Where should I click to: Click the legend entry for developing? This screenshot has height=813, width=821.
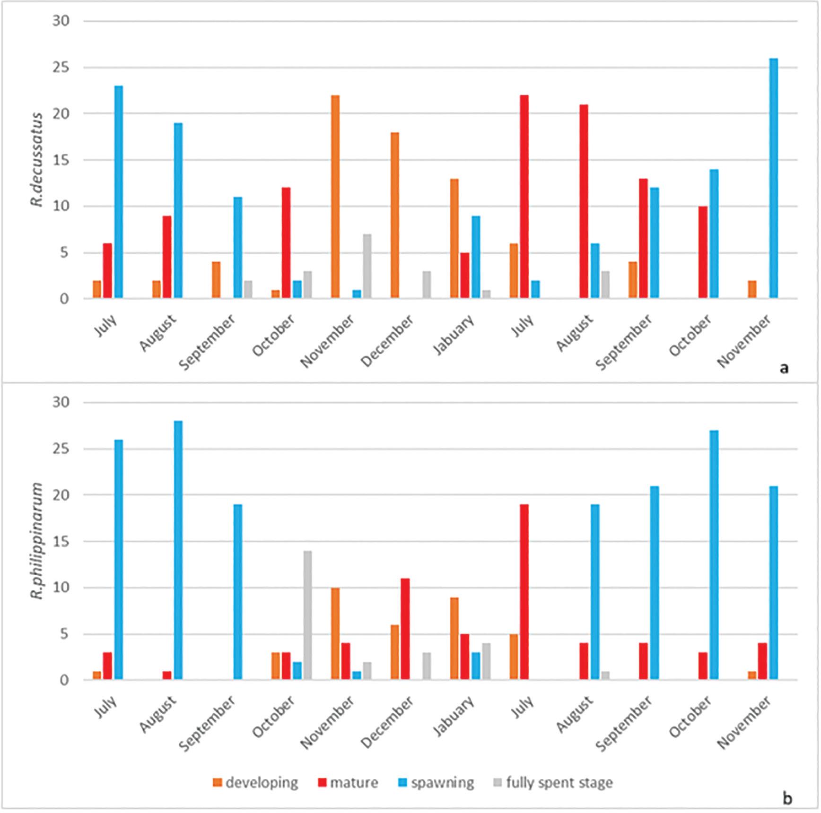(255, 783)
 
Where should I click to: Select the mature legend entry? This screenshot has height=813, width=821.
(348, 783)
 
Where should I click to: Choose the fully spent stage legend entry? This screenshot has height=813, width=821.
(553, 783)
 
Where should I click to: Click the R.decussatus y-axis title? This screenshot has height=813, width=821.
(37, 160)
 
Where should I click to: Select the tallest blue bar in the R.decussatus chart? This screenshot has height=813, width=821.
(773, 178)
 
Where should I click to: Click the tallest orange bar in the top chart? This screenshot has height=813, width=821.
(335, 197)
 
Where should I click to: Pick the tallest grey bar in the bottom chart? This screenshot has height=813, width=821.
(307, 615)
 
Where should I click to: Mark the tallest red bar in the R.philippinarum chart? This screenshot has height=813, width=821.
(524, 592)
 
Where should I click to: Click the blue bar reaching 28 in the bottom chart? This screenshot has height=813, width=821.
(178, 550)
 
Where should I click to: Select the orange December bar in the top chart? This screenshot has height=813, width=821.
(394, 215)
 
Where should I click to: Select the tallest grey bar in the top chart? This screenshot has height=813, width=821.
(367, 266)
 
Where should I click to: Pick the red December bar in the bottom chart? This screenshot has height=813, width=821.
(405, 629)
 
